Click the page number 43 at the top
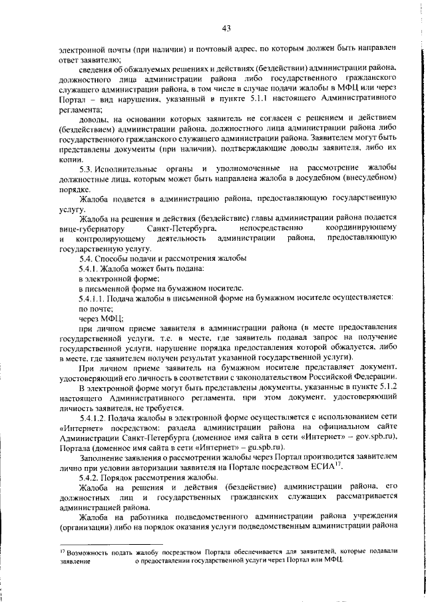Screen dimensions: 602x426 (x=226, y=27)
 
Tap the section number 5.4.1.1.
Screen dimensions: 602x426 (x=93, y=299)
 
